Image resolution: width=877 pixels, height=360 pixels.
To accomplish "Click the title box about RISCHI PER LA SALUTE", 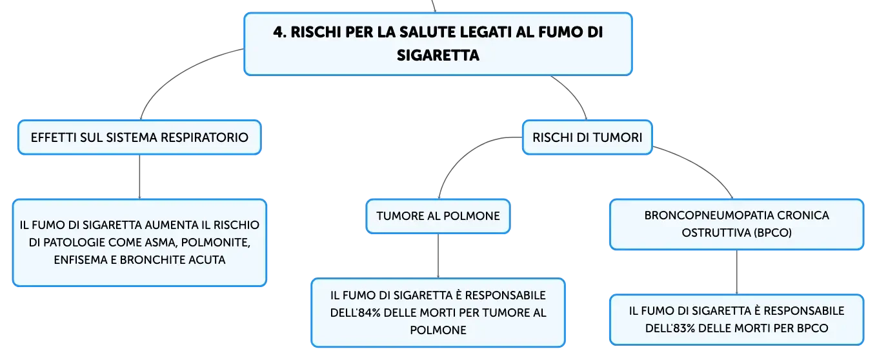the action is pyautogui.click(x=438, y=44).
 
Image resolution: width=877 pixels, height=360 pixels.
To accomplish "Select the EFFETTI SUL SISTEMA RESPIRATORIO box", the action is pyautogui.click(x=139, y=137).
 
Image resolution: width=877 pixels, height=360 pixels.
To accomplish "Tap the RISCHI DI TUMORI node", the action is pyautogui.click(x=587, y=137).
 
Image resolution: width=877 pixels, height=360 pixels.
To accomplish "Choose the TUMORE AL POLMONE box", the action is pyautogui.click(x=438, y=216).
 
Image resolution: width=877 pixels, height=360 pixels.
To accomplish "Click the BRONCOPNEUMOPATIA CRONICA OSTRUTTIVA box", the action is pyautogui.click(x=736, y=225).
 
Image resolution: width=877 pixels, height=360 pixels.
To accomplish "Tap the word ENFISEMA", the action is pyautogui.click(x=81, y=260).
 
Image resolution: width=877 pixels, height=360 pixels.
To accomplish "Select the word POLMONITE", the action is pyautogui.click(x=216, y=243).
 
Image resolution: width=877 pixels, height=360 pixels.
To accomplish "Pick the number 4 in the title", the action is pyautogui.click(x=277, y=32).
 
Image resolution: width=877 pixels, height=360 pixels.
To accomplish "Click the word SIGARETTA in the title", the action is pyautogui.click(x=438, y=55).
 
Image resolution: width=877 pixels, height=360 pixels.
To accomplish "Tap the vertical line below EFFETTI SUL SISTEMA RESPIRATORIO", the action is pyautogui.click(x=139, y=177).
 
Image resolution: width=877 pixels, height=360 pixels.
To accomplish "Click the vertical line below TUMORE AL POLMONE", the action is pyautogui.click(x=438, y=256).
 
